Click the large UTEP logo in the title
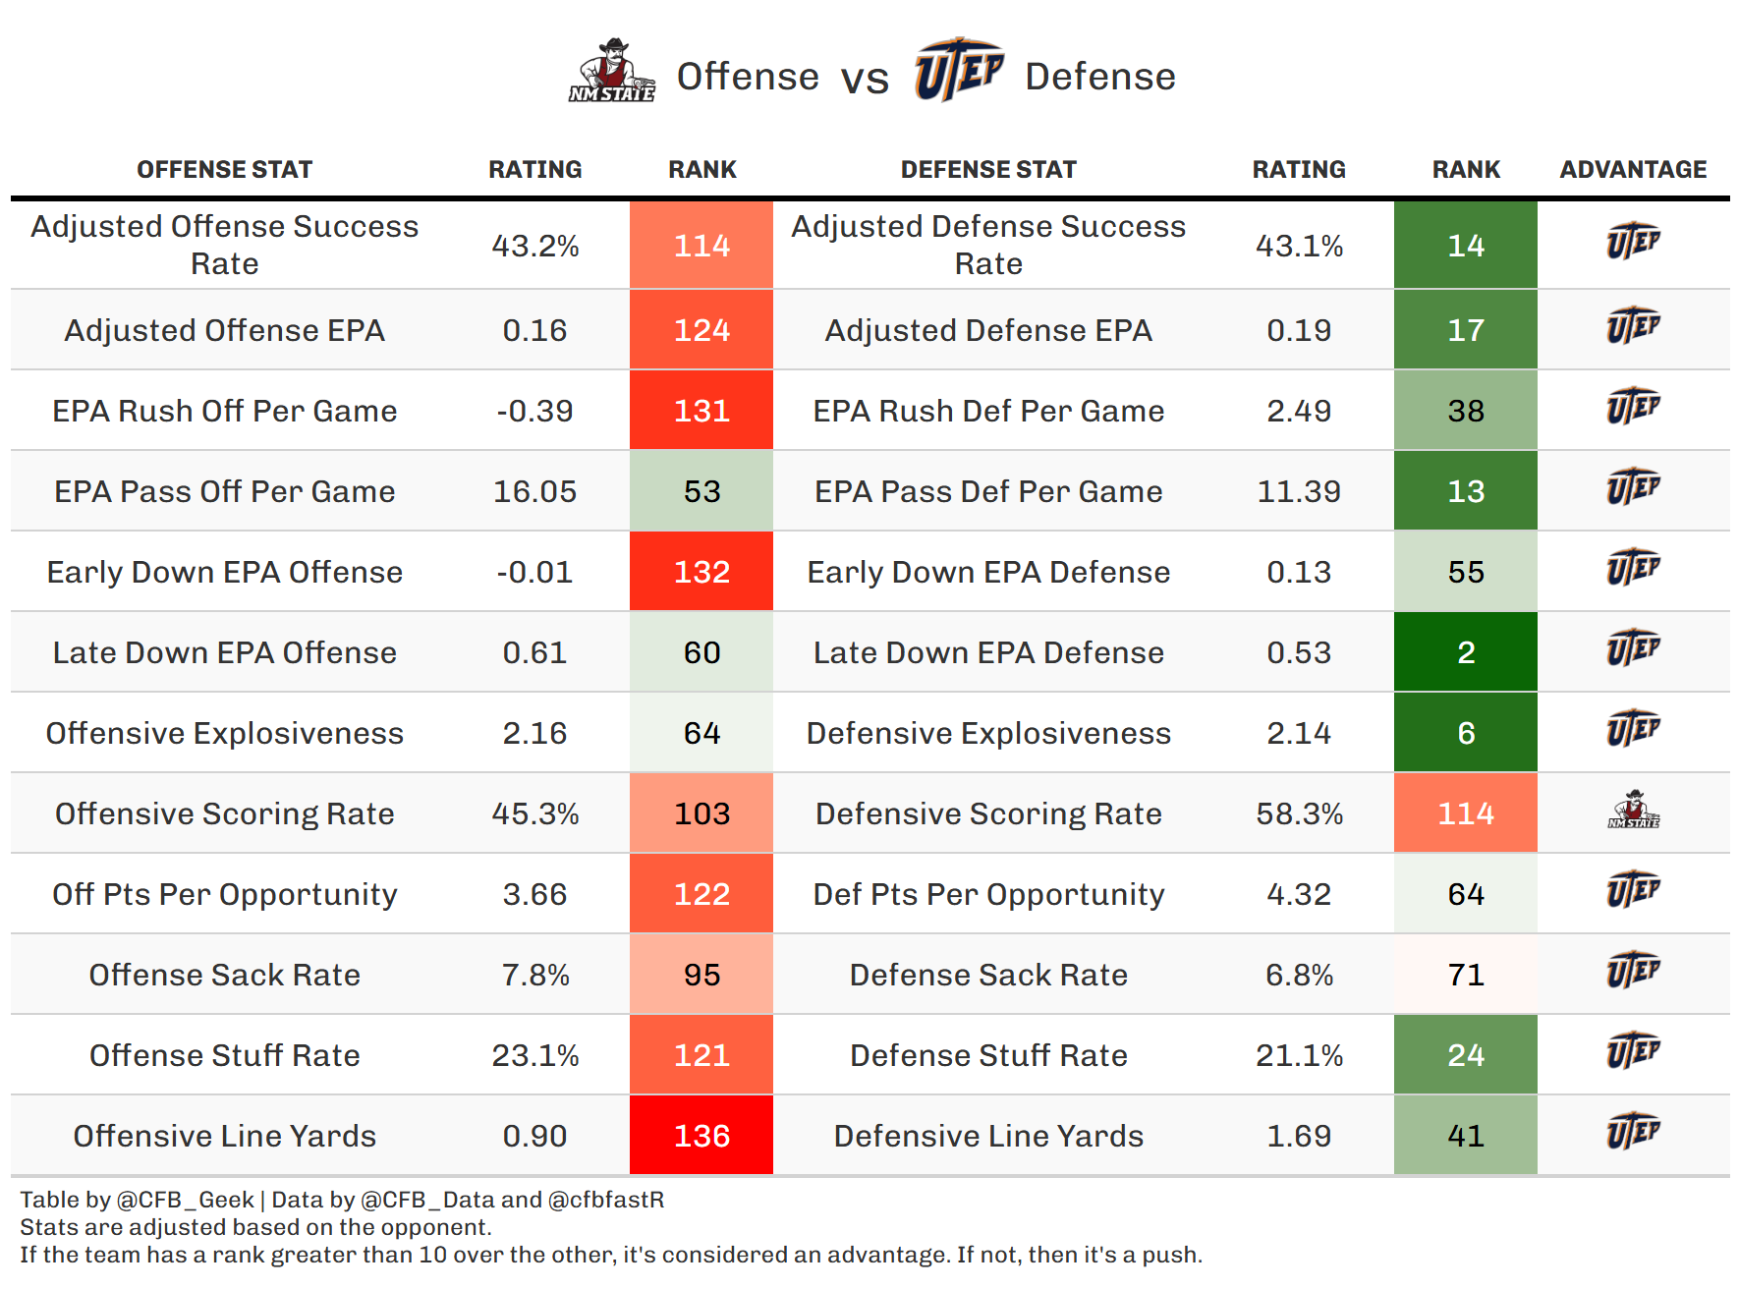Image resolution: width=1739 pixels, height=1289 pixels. click(958, 70)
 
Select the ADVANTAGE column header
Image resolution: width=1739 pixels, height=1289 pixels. click(1633, 170)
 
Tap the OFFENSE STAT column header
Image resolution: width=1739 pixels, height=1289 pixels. click(224, 170)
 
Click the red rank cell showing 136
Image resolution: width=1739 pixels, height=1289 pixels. click(701, 1136)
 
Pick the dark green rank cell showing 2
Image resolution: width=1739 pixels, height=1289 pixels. click(1465, 652)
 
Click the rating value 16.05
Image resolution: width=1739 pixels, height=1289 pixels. click(534, 491)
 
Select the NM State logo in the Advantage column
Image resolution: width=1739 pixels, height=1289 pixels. click(1633, 812)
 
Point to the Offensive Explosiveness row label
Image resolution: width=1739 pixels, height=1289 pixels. click(224, 733)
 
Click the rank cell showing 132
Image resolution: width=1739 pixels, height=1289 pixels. click(701, 572)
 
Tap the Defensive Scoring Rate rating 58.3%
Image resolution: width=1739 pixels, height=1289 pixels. click(1299, 813)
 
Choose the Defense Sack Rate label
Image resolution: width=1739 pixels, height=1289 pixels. click(988, 975)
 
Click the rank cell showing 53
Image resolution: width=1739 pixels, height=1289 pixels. click(701, 491)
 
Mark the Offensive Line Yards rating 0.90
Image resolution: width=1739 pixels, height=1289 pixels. click(534, 1136)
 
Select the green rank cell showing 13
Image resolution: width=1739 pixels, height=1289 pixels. click(1465, 491)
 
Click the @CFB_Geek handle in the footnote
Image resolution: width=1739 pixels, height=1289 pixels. click(186, 1200)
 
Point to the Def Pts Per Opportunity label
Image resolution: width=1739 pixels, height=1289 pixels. click(988, 894)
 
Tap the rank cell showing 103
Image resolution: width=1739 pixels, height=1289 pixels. click(701, 813)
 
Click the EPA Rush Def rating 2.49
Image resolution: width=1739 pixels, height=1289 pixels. click(1299, 411)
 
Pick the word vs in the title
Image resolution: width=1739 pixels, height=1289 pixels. click(865, 79)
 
